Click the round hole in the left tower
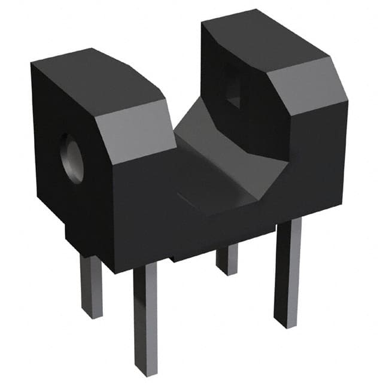(71, 158)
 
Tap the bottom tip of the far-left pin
(92, 315)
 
